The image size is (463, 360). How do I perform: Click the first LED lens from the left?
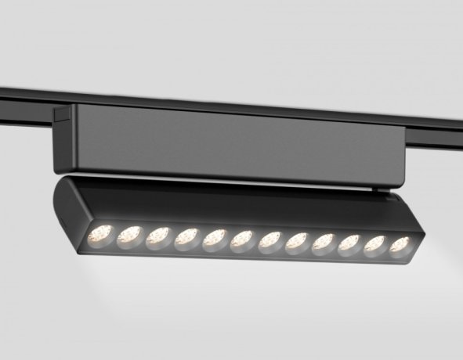pos(102,232)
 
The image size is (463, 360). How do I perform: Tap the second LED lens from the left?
pos(130,234)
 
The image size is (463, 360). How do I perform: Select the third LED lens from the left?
pos(158,236)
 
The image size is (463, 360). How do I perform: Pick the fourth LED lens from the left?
pos(186,237)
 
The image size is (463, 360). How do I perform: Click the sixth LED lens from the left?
pos(241,239)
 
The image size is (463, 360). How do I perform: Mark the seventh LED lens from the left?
pos(269,240)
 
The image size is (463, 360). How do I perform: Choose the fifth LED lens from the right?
pos(296,242)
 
